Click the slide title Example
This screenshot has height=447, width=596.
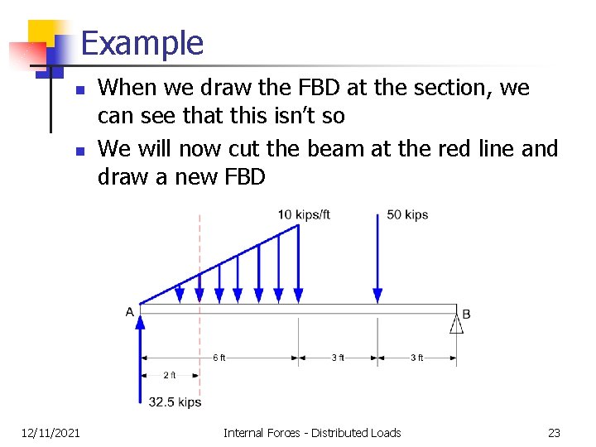142,43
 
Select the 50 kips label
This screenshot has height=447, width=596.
407,215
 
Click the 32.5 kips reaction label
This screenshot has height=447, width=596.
175,402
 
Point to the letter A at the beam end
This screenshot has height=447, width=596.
130,312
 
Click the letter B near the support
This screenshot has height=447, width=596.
466,314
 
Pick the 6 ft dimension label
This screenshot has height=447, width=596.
219,358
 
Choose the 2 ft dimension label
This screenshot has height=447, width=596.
169,375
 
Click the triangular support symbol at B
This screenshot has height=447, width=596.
456,323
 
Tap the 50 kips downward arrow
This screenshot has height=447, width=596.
377,257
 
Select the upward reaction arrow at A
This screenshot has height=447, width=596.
140,356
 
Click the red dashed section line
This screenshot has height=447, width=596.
199,331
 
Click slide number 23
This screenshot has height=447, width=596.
554,432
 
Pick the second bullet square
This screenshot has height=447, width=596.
78,151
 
